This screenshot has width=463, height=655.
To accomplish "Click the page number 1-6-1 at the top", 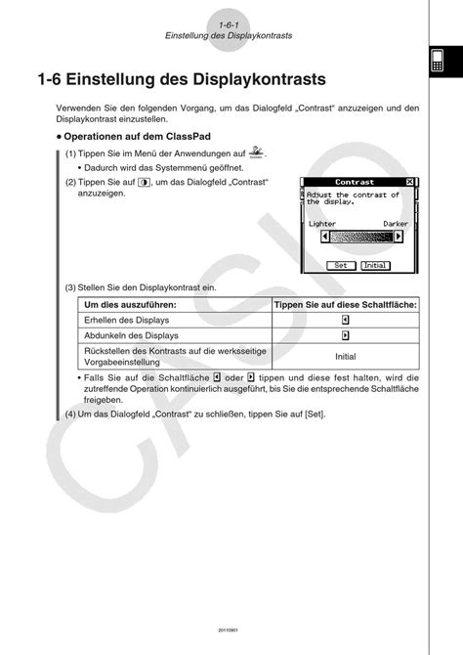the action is click(x=230, y=23).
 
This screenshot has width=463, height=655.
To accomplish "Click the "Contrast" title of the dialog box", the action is click(x=354, y=183).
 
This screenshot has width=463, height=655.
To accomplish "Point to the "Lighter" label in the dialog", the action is click(x=321, y=224).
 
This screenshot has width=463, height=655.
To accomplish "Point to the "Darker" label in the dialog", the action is click(x=395, y=224).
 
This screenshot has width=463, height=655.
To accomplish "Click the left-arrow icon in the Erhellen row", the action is click(x=345, y=320).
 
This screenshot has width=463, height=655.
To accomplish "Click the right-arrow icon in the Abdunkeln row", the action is click(x=345, y=335).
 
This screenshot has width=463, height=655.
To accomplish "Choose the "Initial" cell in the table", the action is click(x=345, y=356).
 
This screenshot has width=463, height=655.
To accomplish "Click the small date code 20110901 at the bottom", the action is click(x=230, y=630).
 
